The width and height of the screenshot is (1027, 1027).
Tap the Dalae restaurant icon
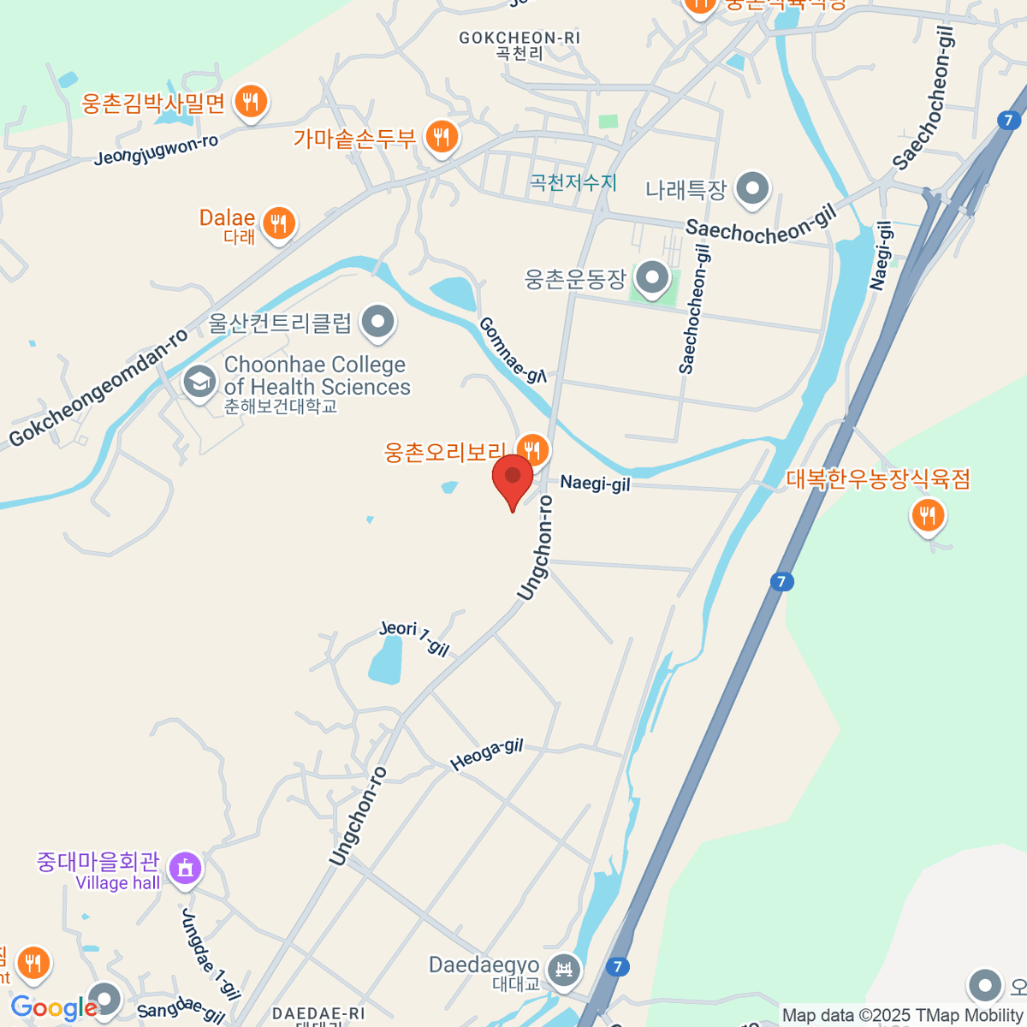pos(278,224)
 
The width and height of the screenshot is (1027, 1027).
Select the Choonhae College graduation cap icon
pos(199,383)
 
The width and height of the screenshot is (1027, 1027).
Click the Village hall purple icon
pos(185,869)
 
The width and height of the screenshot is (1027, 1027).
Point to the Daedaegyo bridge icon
pos(564,971)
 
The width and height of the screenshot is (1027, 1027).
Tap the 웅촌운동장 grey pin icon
pos(653,278)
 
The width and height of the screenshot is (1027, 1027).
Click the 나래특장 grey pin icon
pos(753,189)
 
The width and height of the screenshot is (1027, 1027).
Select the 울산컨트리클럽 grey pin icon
pos(377,323)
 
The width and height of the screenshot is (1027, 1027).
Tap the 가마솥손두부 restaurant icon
pos(442,136)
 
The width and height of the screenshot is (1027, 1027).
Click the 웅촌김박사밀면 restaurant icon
pos(250,102)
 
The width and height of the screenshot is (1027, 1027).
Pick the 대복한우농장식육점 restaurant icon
pos(927,515)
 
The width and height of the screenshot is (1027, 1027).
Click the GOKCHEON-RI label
pos(519,39)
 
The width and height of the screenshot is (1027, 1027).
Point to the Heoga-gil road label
pos(486,755)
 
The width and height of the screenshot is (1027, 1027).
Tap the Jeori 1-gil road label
pos(414,638)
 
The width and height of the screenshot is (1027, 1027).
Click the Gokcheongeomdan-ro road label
pos(98,389)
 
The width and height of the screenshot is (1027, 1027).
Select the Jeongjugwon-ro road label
pos(156,150)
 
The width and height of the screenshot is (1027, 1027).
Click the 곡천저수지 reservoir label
pos(573,182)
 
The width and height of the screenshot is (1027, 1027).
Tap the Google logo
pos(53,1008)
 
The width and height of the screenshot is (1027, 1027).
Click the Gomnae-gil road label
pos(512,350)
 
